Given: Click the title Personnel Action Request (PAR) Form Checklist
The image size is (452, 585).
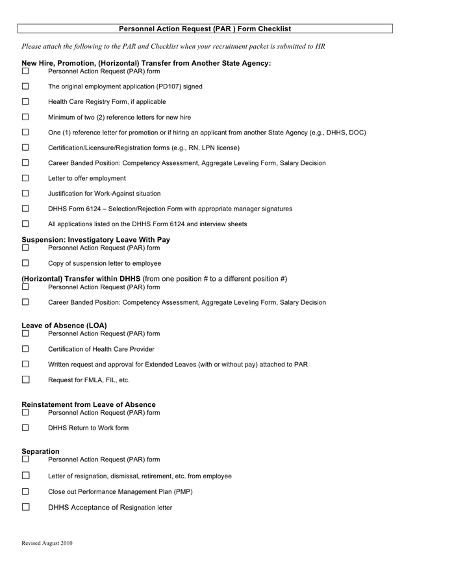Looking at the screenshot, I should pyautogui.click(x=205, y=29).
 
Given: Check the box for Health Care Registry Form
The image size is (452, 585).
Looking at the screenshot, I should pyautogui.click(x=25, y=101).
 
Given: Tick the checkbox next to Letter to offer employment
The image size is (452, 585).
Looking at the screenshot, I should pyautogui.click(x=25, y=178).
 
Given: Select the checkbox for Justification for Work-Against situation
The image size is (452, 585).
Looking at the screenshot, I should pyautogui.click(x=25, y=193).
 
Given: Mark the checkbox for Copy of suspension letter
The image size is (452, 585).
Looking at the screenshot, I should pyautogui.click(x=25, y=263).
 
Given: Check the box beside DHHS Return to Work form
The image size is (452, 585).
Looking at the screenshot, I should pyautogui.click(x=25, y=428).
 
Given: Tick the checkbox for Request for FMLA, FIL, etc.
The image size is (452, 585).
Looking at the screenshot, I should pyautogui.click(x=25, y=380).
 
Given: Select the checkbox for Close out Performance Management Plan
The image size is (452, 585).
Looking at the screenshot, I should pyautogui.click(x=25, y=491).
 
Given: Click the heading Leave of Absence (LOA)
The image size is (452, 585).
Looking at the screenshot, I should pyautogui.click(x=64, y=325).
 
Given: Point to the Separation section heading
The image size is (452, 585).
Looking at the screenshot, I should pyautogui.click(x=40, y=451).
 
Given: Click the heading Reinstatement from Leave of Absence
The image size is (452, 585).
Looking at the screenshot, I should pyautogui.click(x=88, y=404).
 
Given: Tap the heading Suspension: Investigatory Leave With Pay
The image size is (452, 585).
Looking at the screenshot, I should pyautogui.click(x=95, y=239).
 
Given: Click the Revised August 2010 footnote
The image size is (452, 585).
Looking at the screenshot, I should pyautogui.click(x=47, y=543).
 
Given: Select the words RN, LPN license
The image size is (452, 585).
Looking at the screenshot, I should pyautogui.click(x=211, y=148).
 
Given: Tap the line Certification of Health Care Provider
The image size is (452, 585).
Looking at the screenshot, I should pyautogui.click(x=101, y=349).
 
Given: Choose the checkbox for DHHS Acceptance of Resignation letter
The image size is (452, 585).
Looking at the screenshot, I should pyautogui.click(x=25, y=507).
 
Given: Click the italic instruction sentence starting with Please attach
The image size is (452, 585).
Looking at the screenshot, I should pyautogui.click(x=173, y=46).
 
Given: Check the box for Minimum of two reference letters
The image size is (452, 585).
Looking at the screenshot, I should pyautogui.click(x=25, y=117).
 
